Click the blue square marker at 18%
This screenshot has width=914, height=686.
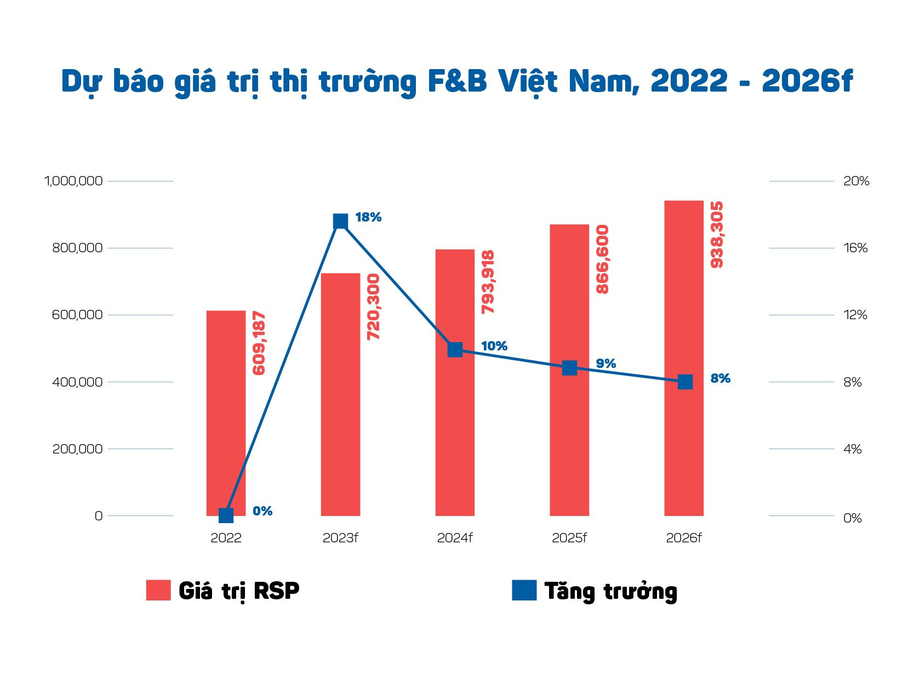340,221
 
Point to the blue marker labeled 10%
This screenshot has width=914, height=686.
455,349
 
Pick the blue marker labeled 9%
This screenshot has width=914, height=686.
570,368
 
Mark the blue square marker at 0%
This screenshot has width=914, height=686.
226,515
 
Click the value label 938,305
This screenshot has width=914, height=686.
717,235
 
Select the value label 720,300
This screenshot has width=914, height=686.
373,307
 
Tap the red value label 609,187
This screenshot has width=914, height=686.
259,343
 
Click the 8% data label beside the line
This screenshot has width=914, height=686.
720,378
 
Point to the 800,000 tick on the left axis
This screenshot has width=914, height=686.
77,248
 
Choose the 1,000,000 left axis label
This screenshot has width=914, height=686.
73,181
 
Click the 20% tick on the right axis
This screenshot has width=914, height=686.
856,181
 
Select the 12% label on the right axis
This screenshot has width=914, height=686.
855,315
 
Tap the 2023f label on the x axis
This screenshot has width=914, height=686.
340,538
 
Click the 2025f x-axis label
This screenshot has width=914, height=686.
569,538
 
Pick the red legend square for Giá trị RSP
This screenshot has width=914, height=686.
158,590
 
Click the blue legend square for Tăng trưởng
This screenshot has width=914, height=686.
524,590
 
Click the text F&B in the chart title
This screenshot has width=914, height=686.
457,81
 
